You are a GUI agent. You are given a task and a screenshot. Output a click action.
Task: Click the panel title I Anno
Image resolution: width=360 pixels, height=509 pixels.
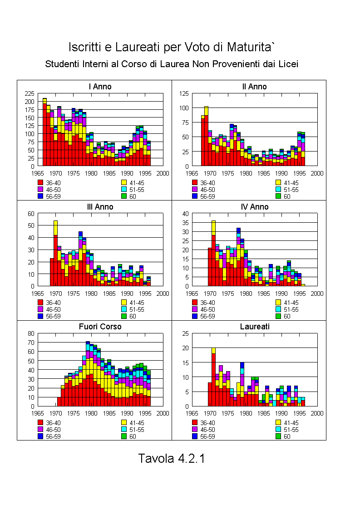(100, 87)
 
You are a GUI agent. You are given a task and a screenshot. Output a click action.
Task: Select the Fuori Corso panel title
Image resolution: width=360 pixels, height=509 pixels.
(100, 327)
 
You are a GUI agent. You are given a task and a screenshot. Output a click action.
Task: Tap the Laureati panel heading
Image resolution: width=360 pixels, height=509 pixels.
(255, 327)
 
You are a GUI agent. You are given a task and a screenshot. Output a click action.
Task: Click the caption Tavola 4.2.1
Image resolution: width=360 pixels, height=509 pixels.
(172, 458)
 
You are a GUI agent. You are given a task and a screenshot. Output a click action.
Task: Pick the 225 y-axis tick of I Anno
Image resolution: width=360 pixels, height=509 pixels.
(29, 93)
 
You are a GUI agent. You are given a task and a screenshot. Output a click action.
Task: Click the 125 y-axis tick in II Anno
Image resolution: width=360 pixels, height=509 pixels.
(184, 93)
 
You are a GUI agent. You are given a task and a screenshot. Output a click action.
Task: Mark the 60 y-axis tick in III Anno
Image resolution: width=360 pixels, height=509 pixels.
(31, 214)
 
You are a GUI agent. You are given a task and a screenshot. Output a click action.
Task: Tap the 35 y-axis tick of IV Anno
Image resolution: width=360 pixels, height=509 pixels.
(186, 223)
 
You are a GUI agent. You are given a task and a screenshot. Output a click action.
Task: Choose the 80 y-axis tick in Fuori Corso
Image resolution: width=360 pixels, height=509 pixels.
(31, 333)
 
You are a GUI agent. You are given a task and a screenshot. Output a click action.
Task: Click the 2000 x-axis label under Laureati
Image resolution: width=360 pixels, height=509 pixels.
(317, 413)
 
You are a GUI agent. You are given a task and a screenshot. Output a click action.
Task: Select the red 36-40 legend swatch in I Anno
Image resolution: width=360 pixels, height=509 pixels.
(40, 183)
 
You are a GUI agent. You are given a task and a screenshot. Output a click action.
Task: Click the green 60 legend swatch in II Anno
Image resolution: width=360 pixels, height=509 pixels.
(278, 196)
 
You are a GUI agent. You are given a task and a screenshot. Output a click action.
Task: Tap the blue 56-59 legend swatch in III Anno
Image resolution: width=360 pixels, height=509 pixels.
(40, 316)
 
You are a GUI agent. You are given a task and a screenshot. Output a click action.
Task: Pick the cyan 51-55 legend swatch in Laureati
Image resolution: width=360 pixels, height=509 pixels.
(278, 429)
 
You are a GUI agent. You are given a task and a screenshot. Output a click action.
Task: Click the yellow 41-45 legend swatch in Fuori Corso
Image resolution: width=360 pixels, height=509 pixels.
(124, 422)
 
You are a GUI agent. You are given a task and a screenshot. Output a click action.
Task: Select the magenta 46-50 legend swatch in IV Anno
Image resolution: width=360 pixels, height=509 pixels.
(195, 309)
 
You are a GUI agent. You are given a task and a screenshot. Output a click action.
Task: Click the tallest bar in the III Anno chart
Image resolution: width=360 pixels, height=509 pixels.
(55, 253)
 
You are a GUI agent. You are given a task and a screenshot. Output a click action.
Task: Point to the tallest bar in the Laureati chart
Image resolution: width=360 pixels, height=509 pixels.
(213, 377)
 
